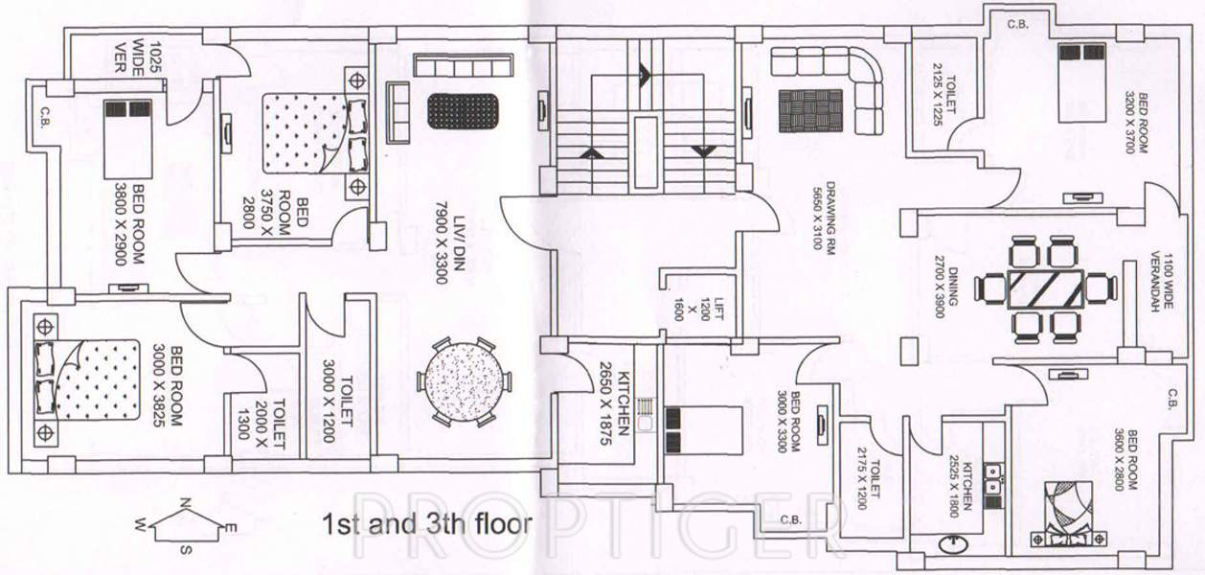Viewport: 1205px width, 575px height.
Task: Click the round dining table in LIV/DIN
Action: click(x=461, y=381)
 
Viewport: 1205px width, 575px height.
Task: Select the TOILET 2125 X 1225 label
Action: click(x=945, y=93)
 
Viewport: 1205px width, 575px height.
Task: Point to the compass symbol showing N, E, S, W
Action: click(x=187, y=527)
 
